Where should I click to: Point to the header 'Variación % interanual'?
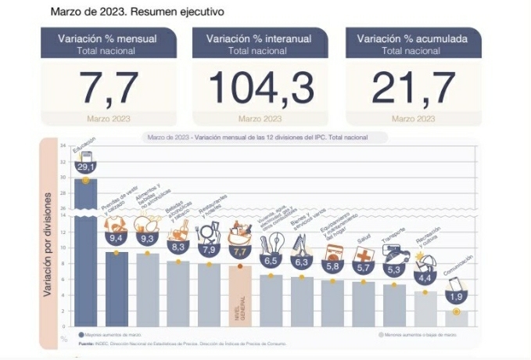pos(260,38)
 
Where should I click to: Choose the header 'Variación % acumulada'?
pos(414,38)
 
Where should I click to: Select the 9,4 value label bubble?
pos(116,238)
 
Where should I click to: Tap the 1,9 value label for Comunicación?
pos(457,297)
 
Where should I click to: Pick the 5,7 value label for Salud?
pos(364,268)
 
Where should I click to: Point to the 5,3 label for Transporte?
pos(394,270)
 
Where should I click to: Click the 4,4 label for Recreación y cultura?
pos(425,278)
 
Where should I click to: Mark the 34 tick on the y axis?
pos(63,146)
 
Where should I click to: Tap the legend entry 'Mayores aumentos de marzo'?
pos(109,334)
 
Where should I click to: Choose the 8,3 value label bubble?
pos(178,246)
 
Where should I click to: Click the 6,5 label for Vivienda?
pos(271,260)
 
